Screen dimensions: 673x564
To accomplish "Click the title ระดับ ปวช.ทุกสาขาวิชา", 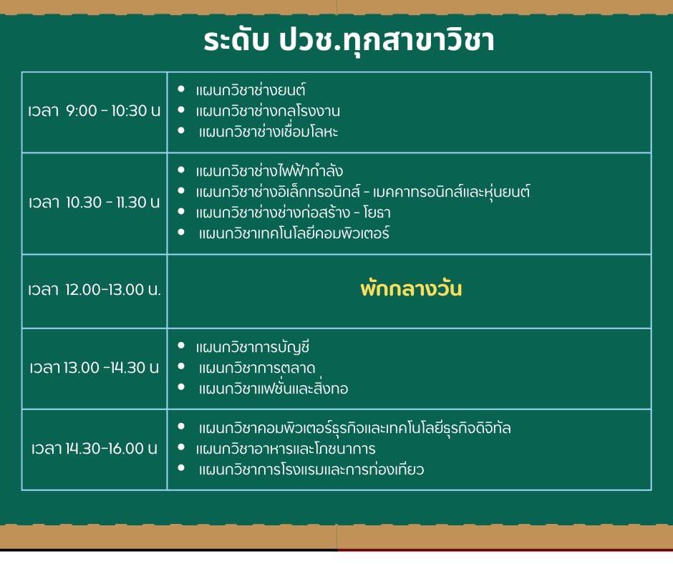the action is pos(349,42).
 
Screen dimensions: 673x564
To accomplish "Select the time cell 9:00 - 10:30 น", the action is pos(94,111).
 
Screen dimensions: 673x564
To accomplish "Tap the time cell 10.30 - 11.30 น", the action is pos(94,202).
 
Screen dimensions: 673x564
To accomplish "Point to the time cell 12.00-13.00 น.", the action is pos(94,290).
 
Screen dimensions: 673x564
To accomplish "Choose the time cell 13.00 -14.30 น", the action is pos(94,368).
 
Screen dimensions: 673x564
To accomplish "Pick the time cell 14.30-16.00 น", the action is pos(94,449).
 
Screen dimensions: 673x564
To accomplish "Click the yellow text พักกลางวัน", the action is pos(411,288).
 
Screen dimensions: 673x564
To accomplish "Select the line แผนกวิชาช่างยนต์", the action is pos(251,90).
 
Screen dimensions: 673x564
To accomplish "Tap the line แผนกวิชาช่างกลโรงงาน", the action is pos(268,111).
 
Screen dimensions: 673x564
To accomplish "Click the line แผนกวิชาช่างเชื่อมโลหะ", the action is pos(268,132).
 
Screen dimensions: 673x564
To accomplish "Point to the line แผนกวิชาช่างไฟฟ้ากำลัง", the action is pos(269,171).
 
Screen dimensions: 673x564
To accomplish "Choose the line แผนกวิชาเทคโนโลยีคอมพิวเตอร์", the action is pos(294,233).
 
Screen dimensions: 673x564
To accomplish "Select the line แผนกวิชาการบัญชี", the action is pos(252,347).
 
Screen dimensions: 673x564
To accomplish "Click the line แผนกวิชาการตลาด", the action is pos(256,368).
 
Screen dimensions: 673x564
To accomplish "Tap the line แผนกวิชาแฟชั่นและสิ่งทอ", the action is pos(273,389).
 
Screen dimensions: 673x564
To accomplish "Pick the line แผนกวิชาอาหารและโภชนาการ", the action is pos(286,449).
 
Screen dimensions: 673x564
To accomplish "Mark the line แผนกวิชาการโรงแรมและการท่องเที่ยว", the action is pos(311,469).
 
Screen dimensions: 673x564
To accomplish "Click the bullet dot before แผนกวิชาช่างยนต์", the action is pos(181,89).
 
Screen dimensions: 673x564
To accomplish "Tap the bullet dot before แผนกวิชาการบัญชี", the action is pos(181,346).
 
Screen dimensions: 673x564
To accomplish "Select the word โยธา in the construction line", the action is pos(377,213).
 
